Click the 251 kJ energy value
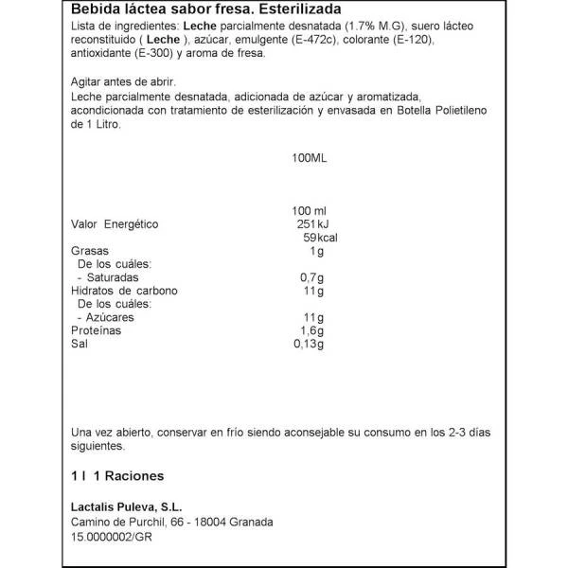[310, 224]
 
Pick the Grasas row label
[90, 251]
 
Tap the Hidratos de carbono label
[125, 291]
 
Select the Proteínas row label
[99, 331]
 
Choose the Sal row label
[80, 345]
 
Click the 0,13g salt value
[310, 345]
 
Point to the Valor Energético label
[115, 224]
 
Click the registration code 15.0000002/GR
[119, 537]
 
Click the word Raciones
[134, 475]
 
